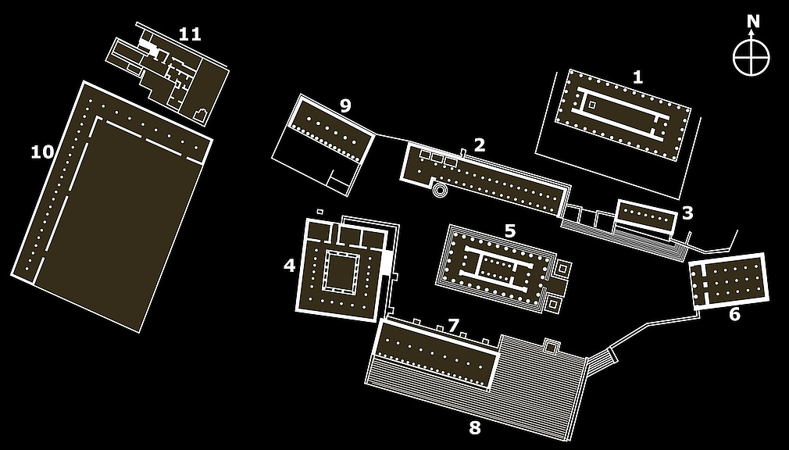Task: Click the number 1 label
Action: pyautogui.click(x=638, y=77)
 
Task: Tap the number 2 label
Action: pyautogui.click(x=480, y=144)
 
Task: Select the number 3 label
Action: pyautogui.click(x=687, y=212)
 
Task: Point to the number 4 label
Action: pyautogui.click(x=289, y=266)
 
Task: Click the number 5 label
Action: pyautogui.click(x=509, y=230)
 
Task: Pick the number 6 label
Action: pyautogui.click(x=734, y=315)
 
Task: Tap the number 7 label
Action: pyautogui.click(x=453, y=325)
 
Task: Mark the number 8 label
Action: pyautogui.click(x=474, y=427)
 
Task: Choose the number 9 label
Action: pyautogui.click(x=345, y=106)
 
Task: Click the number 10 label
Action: pyautogui.click(x=42, y=152)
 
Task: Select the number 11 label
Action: pyautogui.click(x=189, y=34)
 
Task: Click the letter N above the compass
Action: pyautogui.click(x=752, y=21)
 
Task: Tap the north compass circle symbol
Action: pyautogui.click(x=752, y=58)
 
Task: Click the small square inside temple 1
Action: pyautogui.click(x=591, y=104)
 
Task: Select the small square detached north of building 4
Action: pyautogui.click(x=320, y=211)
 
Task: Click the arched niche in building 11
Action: pyautogui.click(x=201, y=116)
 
